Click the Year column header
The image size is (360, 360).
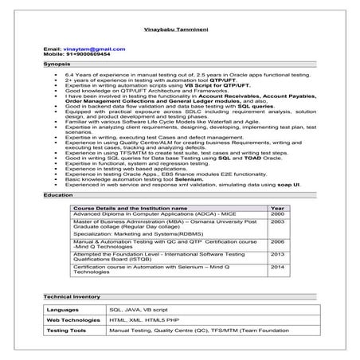[x=276, y=208]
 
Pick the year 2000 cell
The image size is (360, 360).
[x=276, y=213]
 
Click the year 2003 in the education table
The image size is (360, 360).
[x=276, y=221]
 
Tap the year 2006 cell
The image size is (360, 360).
[x=276, y=241]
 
